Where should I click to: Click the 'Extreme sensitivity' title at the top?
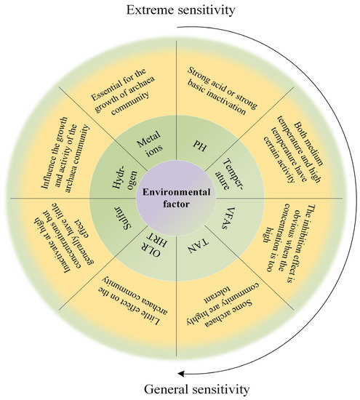tap(180, 10)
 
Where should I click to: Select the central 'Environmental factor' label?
tap(179, 199)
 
